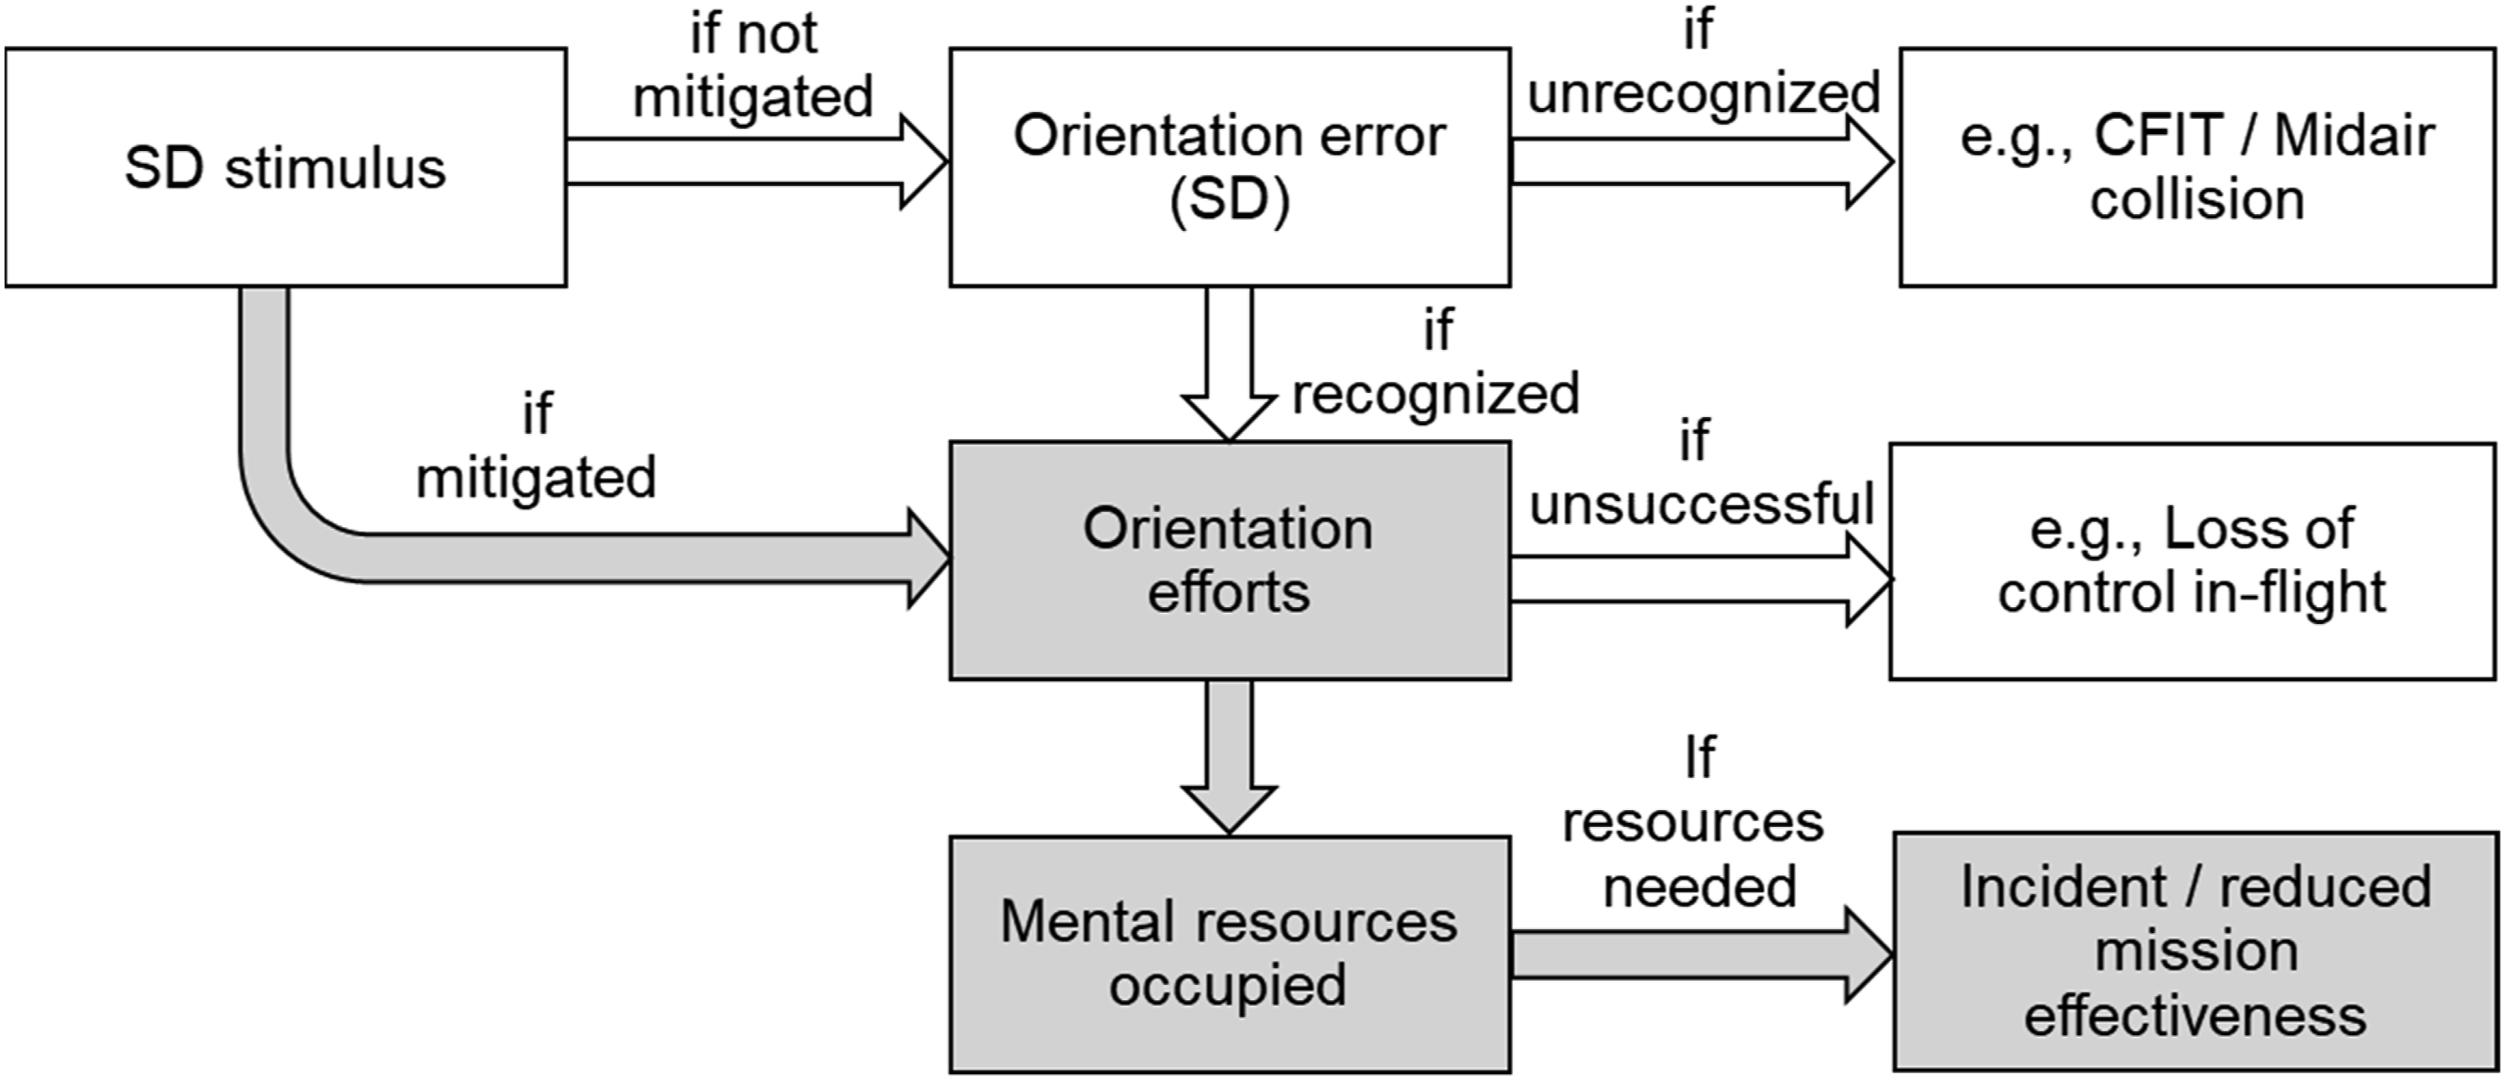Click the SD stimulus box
coord(286,167)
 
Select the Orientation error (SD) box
coord(1230,167)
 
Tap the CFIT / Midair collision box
coord(2198,167)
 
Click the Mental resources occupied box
coord(1230,954)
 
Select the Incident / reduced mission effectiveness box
coord(2196,952)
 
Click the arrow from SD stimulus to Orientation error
coord(757,161)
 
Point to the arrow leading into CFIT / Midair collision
coord(1703,161)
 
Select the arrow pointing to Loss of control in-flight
coord(1702,581)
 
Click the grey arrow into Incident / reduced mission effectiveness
coord(1703,954)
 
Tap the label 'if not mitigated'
coord(754,65)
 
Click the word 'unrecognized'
coord(1703,93)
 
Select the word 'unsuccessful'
coord(1702,503)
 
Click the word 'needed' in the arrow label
coord(1699,886)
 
